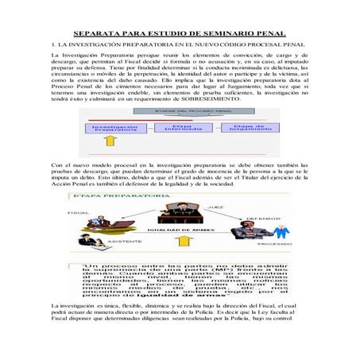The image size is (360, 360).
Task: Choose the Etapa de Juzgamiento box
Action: click(253, 126)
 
